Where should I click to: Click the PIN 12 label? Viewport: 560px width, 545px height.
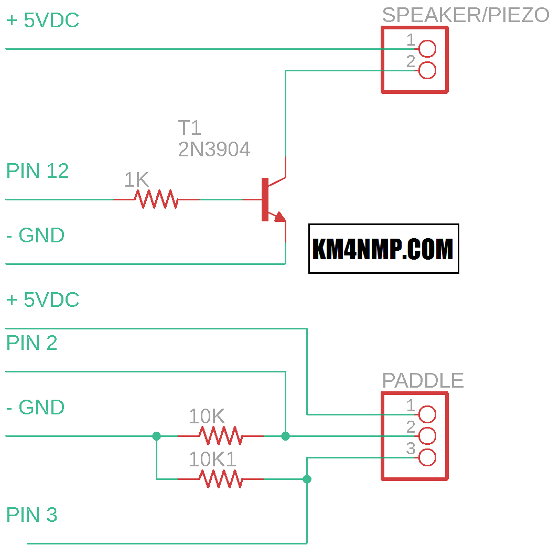37,172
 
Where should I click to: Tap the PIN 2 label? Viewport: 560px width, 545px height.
31,343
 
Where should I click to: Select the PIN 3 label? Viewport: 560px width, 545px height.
31,515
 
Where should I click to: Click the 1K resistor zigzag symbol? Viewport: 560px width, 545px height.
156,199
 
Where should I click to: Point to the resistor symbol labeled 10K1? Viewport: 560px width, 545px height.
220,479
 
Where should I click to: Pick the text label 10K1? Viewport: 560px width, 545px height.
212,459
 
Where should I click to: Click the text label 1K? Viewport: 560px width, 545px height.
136,180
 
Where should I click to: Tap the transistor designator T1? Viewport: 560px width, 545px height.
189,128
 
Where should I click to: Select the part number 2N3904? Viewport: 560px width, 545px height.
214,150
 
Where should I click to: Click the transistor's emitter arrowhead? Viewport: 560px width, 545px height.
280,217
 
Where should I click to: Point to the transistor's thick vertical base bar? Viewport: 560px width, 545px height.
265,199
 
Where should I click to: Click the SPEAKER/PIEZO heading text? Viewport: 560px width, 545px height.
465,15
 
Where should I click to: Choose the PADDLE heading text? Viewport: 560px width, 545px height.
423,380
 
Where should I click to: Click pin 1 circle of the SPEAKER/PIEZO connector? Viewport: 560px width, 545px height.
427,49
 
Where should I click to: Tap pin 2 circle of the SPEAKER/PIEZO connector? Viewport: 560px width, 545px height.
427,70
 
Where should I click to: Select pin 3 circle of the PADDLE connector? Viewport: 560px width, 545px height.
427,457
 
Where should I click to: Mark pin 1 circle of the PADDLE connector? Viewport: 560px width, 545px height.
427,414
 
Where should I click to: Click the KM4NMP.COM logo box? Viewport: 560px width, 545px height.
383,249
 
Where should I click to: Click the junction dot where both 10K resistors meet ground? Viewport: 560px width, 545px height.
156,436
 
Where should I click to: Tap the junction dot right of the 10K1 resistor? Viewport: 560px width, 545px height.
307,479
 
